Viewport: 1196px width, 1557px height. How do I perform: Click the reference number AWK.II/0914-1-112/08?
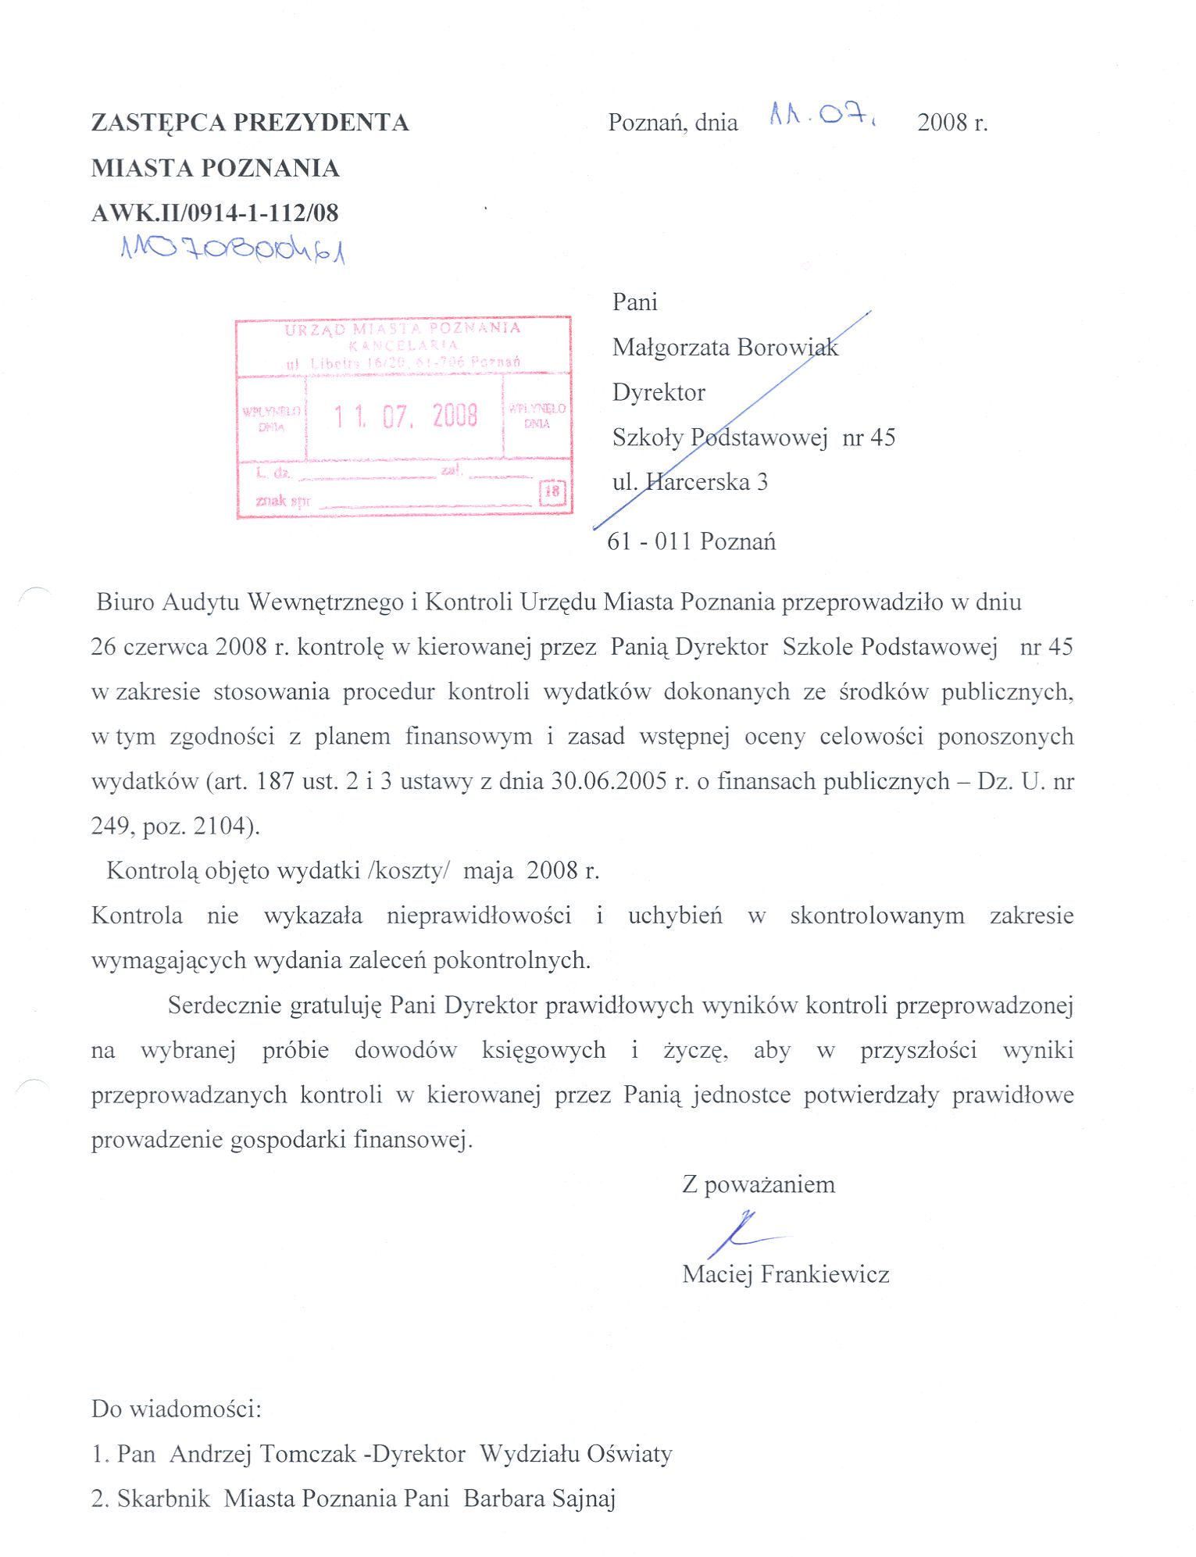point(215,212)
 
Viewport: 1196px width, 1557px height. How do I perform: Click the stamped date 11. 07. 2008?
point(405,416)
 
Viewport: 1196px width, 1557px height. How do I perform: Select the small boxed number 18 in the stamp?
point(552,491)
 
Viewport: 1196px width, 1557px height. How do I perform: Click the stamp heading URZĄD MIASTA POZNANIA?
point(402,328)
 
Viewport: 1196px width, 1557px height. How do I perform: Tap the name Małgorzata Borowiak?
point(725,347)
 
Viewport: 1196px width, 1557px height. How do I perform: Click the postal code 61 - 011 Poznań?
point(691,541)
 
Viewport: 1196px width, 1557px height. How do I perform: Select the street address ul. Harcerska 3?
point(690,482)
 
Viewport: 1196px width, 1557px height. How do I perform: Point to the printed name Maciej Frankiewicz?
point(785,1274)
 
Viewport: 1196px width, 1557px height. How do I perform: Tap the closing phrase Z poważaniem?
point(759,1184)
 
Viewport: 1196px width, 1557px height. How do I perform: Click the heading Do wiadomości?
point(177,1409)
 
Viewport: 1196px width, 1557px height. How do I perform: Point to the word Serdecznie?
point(225,1005)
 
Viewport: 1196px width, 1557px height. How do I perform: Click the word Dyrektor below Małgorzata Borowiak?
point(659,392)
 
